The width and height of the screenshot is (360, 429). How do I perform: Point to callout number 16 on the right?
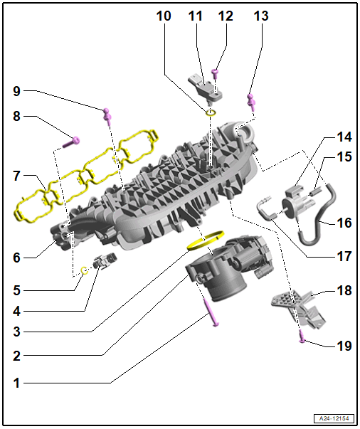coord(344,223)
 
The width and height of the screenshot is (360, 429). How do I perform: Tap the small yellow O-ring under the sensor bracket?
coord(211,112)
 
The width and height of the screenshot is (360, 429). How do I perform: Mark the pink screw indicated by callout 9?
coord(107,113)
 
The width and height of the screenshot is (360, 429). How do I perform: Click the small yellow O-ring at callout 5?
coord(84,270)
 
